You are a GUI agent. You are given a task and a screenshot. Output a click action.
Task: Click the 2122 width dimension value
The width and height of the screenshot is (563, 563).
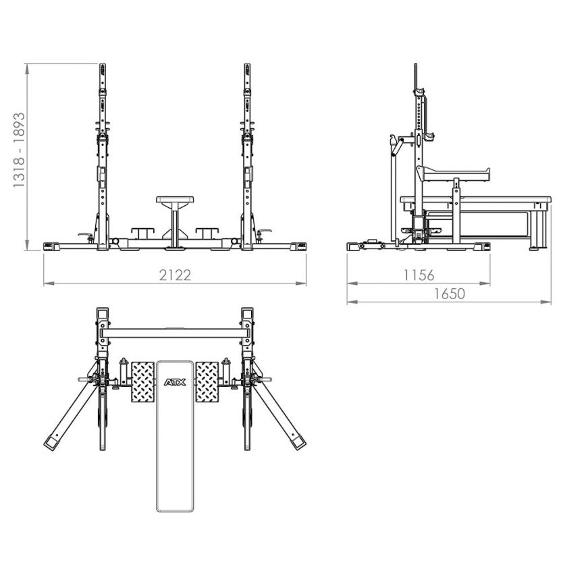pos(176,275)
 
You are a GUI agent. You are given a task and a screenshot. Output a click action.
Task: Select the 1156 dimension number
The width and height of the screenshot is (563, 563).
pos(419,275)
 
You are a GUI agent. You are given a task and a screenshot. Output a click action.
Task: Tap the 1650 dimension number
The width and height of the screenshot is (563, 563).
pos(449,294)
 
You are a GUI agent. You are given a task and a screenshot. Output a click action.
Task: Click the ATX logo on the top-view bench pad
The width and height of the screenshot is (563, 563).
pos(175,383)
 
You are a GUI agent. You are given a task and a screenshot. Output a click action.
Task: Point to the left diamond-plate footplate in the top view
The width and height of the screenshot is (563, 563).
pos(142,381)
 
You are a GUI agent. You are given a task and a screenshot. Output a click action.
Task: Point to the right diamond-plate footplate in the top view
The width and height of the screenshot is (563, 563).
pos(207,381)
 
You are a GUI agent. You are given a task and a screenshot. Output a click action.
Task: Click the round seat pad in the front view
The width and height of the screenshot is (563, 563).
pos(175,200)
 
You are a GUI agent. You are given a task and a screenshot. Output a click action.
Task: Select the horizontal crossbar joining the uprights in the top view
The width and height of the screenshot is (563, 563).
pos(175,333)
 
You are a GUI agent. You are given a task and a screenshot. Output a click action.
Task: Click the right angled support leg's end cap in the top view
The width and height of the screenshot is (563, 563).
pos(298,444)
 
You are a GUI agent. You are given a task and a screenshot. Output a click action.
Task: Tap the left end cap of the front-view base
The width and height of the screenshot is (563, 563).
pos(49,246)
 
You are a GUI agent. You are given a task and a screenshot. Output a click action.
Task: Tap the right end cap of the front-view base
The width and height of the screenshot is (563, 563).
pos(300,246)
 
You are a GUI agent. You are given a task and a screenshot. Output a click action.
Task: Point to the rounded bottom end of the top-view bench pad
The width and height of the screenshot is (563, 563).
pos(175,506)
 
